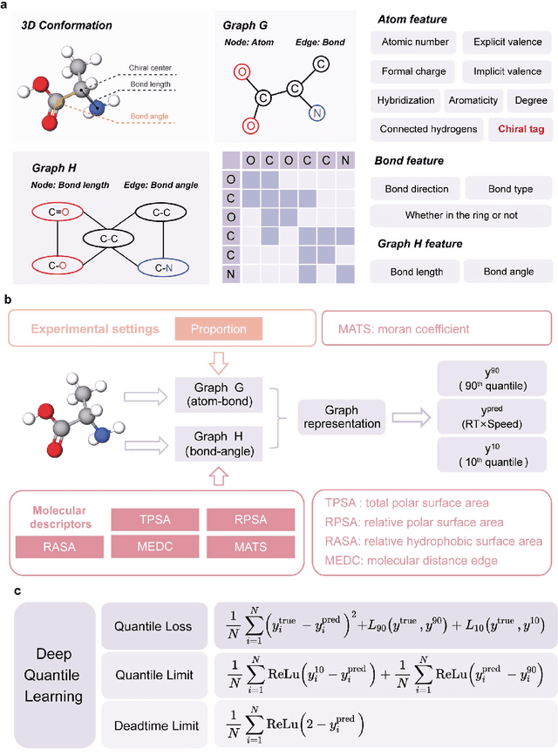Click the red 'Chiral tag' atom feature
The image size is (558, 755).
(520, 129)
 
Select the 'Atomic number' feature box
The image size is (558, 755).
(414, 41)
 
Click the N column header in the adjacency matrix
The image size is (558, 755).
(345, 159)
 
